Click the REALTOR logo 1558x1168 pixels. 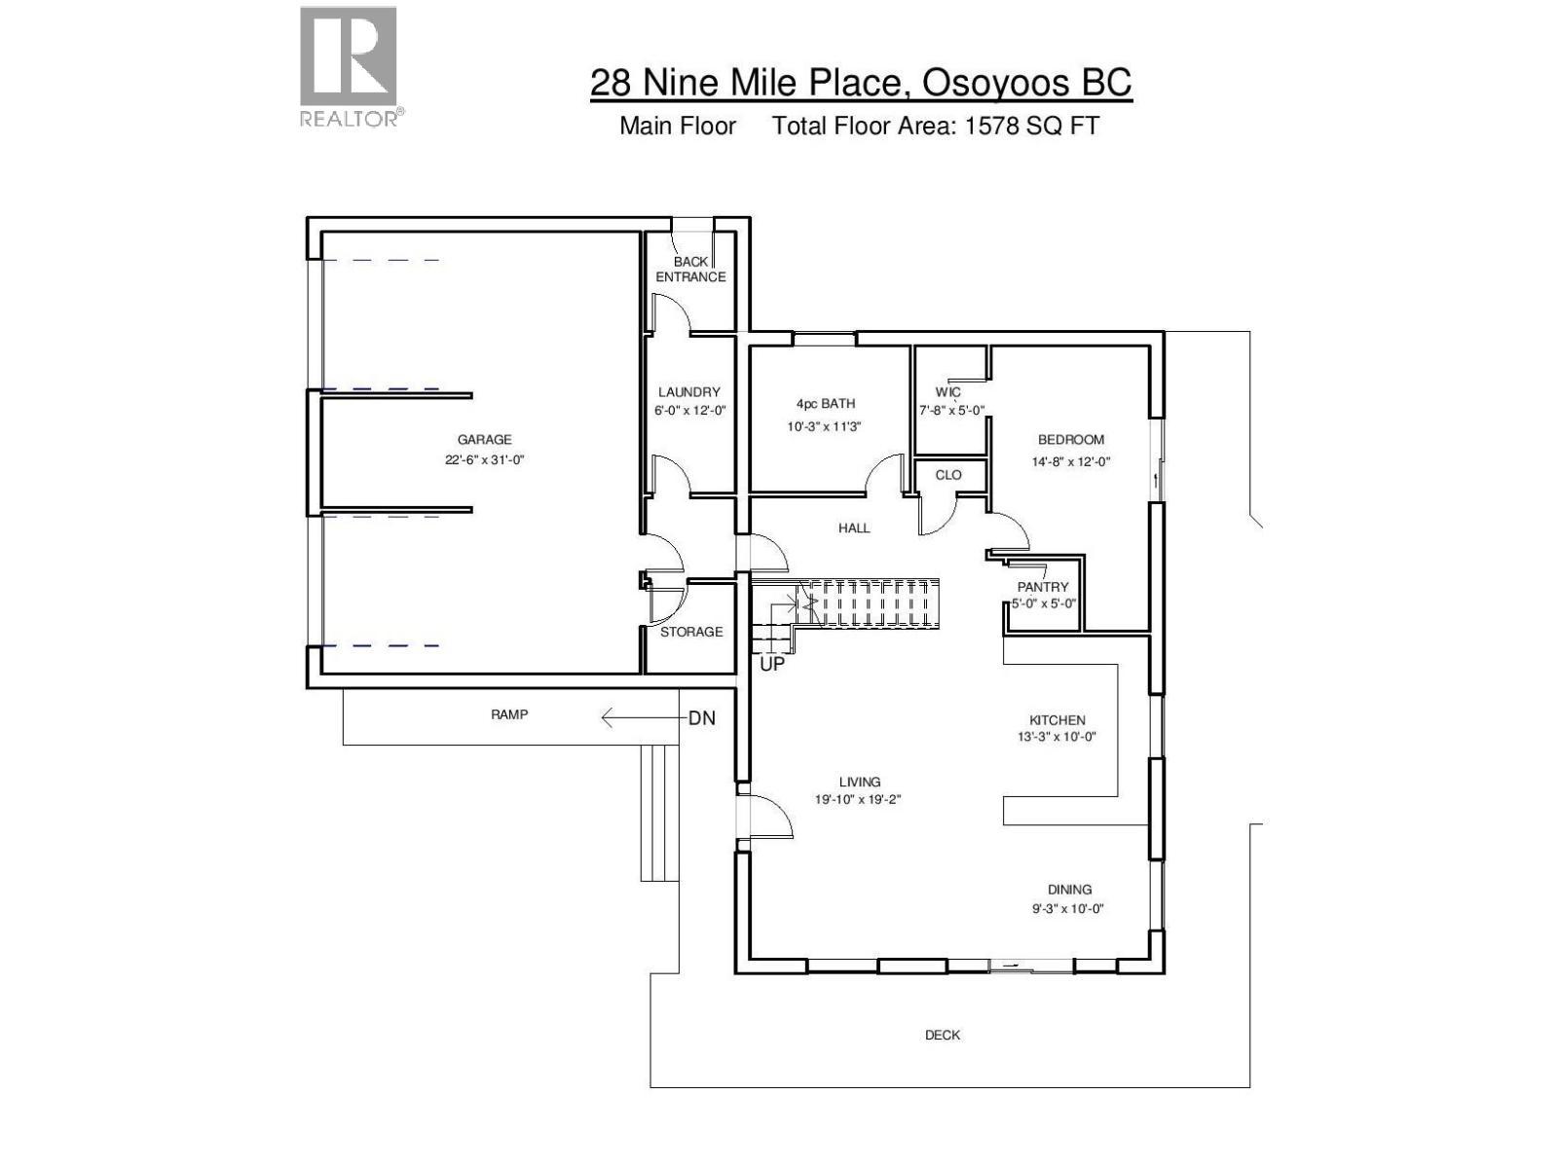point(350,66)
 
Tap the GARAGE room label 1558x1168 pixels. point(484,440)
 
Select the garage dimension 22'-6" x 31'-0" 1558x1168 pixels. point(485,460)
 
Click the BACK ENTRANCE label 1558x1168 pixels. point(690,270)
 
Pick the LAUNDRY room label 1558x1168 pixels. point(689,392)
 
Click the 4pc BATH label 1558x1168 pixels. point(826,404)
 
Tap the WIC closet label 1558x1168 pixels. point(947,392)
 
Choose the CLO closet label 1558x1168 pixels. point(948,475)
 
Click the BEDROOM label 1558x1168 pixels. point(1071,440)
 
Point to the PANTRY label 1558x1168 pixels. point(1043,587)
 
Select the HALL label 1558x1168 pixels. point(854,529)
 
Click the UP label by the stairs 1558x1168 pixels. point(771,666)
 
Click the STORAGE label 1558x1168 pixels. point(691,632)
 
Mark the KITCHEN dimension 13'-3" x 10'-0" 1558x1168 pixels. point(1057,737)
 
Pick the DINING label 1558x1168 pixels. point(1069,890)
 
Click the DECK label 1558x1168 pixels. point(943,1036)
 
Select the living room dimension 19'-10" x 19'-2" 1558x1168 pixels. point(861,800)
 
